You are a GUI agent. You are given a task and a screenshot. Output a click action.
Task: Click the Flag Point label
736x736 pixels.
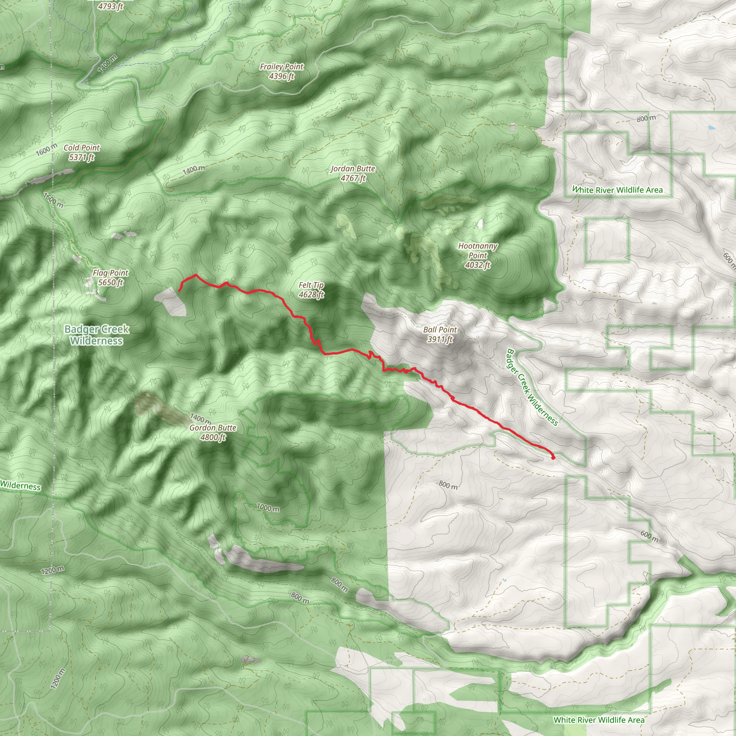pyautogui.click(x=110, y=273)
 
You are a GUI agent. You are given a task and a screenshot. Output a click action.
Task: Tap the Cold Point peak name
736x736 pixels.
pyautogui.click(x=82, y=148)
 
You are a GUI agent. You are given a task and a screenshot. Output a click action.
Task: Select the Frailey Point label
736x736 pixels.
pyautogui.click(x=281, y=67)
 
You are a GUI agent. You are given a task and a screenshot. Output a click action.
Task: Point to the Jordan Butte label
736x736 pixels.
pyautogui.click(x=353, y=169)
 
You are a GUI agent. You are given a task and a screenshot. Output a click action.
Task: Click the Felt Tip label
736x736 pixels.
pyautogui.click(x=311, y=285)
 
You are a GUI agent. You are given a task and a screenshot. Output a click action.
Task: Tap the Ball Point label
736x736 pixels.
pyautogui.click(x=440, y=330)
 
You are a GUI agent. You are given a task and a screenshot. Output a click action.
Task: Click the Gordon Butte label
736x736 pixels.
pyautogui.click(x=213, y=428)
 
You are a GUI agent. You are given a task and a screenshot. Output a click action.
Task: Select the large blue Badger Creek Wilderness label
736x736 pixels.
pyautogui.click(x=97, y=335)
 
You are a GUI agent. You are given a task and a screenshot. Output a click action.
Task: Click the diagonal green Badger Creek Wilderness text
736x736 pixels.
pyautogui.click(x=532, y=387)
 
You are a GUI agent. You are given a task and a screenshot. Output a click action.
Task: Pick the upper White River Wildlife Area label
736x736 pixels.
pyautogui.click(x=617, y=190)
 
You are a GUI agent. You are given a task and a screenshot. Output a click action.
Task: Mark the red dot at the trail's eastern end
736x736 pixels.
pyautogui.click(x=553, y=458)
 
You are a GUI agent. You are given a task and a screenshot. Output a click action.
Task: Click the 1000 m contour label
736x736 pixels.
pyautogui.click(x=268, y=507)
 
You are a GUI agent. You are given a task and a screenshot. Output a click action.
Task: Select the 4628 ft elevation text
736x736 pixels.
pyautogui.click(x=311, y=294)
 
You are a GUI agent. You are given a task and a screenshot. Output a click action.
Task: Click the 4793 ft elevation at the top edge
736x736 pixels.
pyautogui.click(x=110, y=6)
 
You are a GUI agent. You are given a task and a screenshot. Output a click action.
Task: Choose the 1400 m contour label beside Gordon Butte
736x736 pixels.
pyautogui.click(x=201, y=418)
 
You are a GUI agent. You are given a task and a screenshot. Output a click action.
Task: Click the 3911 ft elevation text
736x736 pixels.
pyautogui.click(x=440, y=339)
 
